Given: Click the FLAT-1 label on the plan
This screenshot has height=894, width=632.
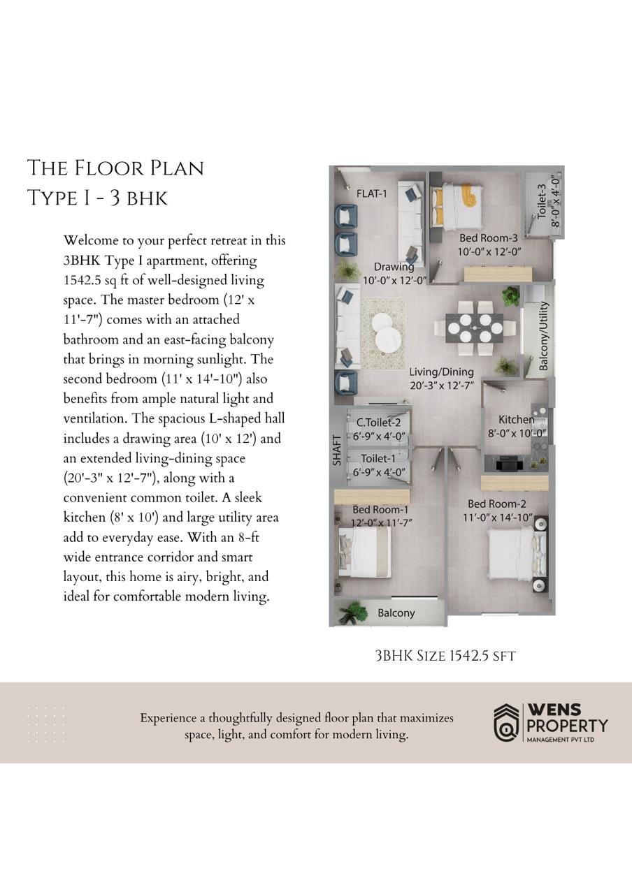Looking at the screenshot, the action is click(372, 194).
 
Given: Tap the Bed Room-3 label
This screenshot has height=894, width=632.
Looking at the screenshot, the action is click(488, 238).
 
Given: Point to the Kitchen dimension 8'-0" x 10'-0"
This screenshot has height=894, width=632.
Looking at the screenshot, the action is click(517, 433).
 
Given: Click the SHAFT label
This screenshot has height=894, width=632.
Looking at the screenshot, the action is click(337, 450).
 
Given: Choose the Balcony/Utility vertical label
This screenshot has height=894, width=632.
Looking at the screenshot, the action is click(543, 336).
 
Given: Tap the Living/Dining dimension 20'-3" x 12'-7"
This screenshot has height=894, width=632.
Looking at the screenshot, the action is click(442, 386).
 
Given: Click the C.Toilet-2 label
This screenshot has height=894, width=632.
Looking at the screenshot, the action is click(378, 423).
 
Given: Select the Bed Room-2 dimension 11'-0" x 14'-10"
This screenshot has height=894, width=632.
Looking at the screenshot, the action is click(498, 518).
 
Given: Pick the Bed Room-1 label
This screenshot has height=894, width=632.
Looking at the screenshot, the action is click(380, 510).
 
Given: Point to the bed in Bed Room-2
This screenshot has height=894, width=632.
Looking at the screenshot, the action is click(513, 555).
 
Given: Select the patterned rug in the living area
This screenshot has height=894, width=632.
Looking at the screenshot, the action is click(382, 332).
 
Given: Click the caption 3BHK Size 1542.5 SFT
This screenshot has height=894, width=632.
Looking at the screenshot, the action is click(445, 656).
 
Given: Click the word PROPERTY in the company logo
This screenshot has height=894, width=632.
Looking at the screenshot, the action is click(567, 726).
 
